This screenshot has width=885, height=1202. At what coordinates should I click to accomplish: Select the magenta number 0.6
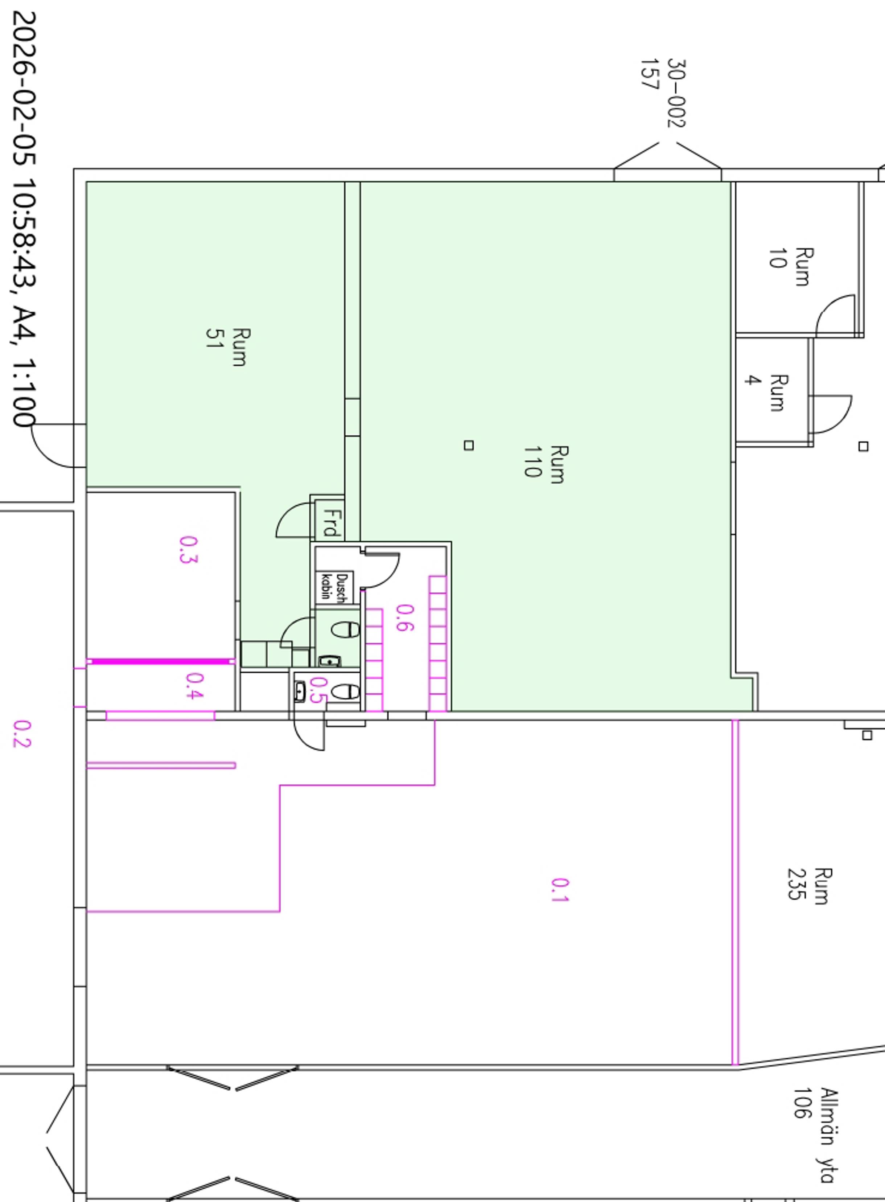405,618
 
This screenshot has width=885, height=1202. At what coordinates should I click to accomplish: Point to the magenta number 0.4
195,686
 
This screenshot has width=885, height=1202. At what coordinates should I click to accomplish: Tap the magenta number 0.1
560,890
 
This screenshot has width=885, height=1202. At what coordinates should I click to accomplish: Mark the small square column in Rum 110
469,445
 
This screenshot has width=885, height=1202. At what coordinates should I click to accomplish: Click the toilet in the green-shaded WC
345,629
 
